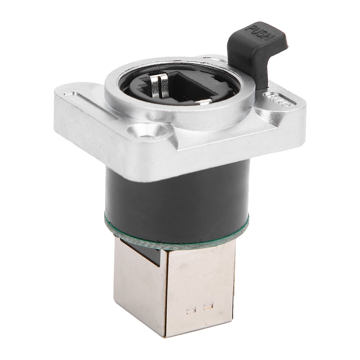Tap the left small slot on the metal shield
(191, 310)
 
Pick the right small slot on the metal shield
(208, 306)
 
